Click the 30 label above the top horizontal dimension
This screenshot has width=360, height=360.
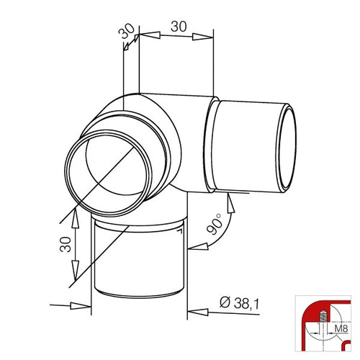point(179,27)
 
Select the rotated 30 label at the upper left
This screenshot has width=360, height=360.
point(127,31)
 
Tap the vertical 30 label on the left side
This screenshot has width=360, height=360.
point(66,244)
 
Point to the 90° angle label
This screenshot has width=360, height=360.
point(215,224)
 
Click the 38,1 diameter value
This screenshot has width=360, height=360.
point(246,304)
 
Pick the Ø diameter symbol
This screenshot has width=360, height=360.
point(225,303)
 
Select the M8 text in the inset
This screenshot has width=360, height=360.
point(341,328)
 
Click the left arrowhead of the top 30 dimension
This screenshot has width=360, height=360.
point(150,35)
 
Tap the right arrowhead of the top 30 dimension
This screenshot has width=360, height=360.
point(203,37)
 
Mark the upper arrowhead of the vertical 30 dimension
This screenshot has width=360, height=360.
point(76,217)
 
